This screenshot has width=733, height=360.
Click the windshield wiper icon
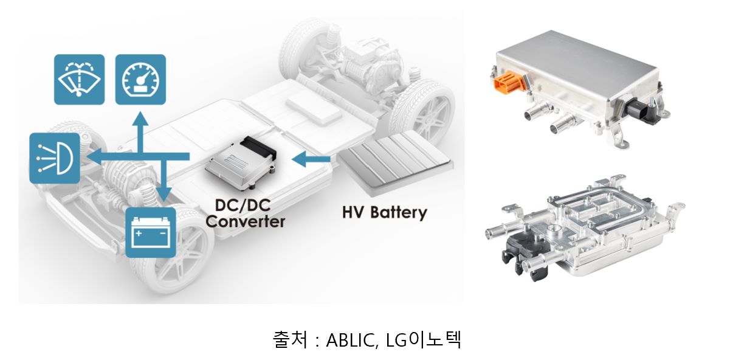79,79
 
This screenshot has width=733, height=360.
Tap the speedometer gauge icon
140,79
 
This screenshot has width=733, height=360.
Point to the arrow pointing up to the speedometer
140,122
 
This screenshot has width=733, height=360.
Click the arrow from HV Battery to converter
310,160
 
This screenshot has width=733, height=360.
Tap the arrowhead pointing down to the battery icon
162,195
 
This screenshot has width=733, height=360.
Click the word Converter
245,221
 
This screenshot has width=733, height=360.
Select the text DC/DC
244,205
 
